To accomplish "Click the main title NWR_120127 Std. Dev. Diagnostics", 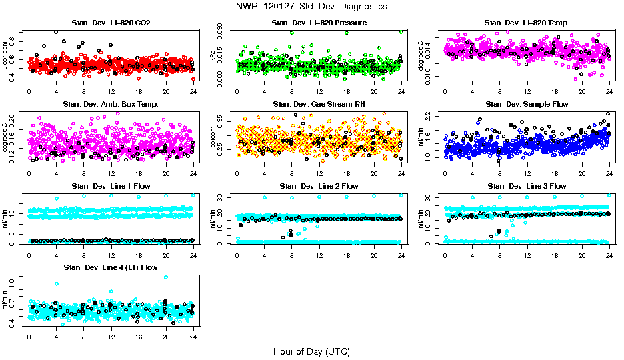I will (x=311, y=7).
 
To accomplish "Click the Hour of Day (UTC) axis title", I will (x=311, y=351).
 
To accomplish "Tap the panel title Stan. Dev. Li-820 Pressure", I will (x=319, y=23).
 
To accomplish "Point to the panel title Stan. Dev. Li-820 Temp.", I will (x=527, y=23).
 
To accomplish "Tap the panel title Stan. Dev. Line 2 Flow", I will (x=319, y=186).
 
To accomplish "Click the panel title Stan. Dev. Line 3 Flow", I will (x=527, y=186).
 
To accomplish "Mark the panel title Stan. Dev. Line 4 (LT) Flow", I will (x=111, y=267).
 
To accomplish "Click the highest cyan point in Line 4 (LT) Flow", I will (x=166, y=277).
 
